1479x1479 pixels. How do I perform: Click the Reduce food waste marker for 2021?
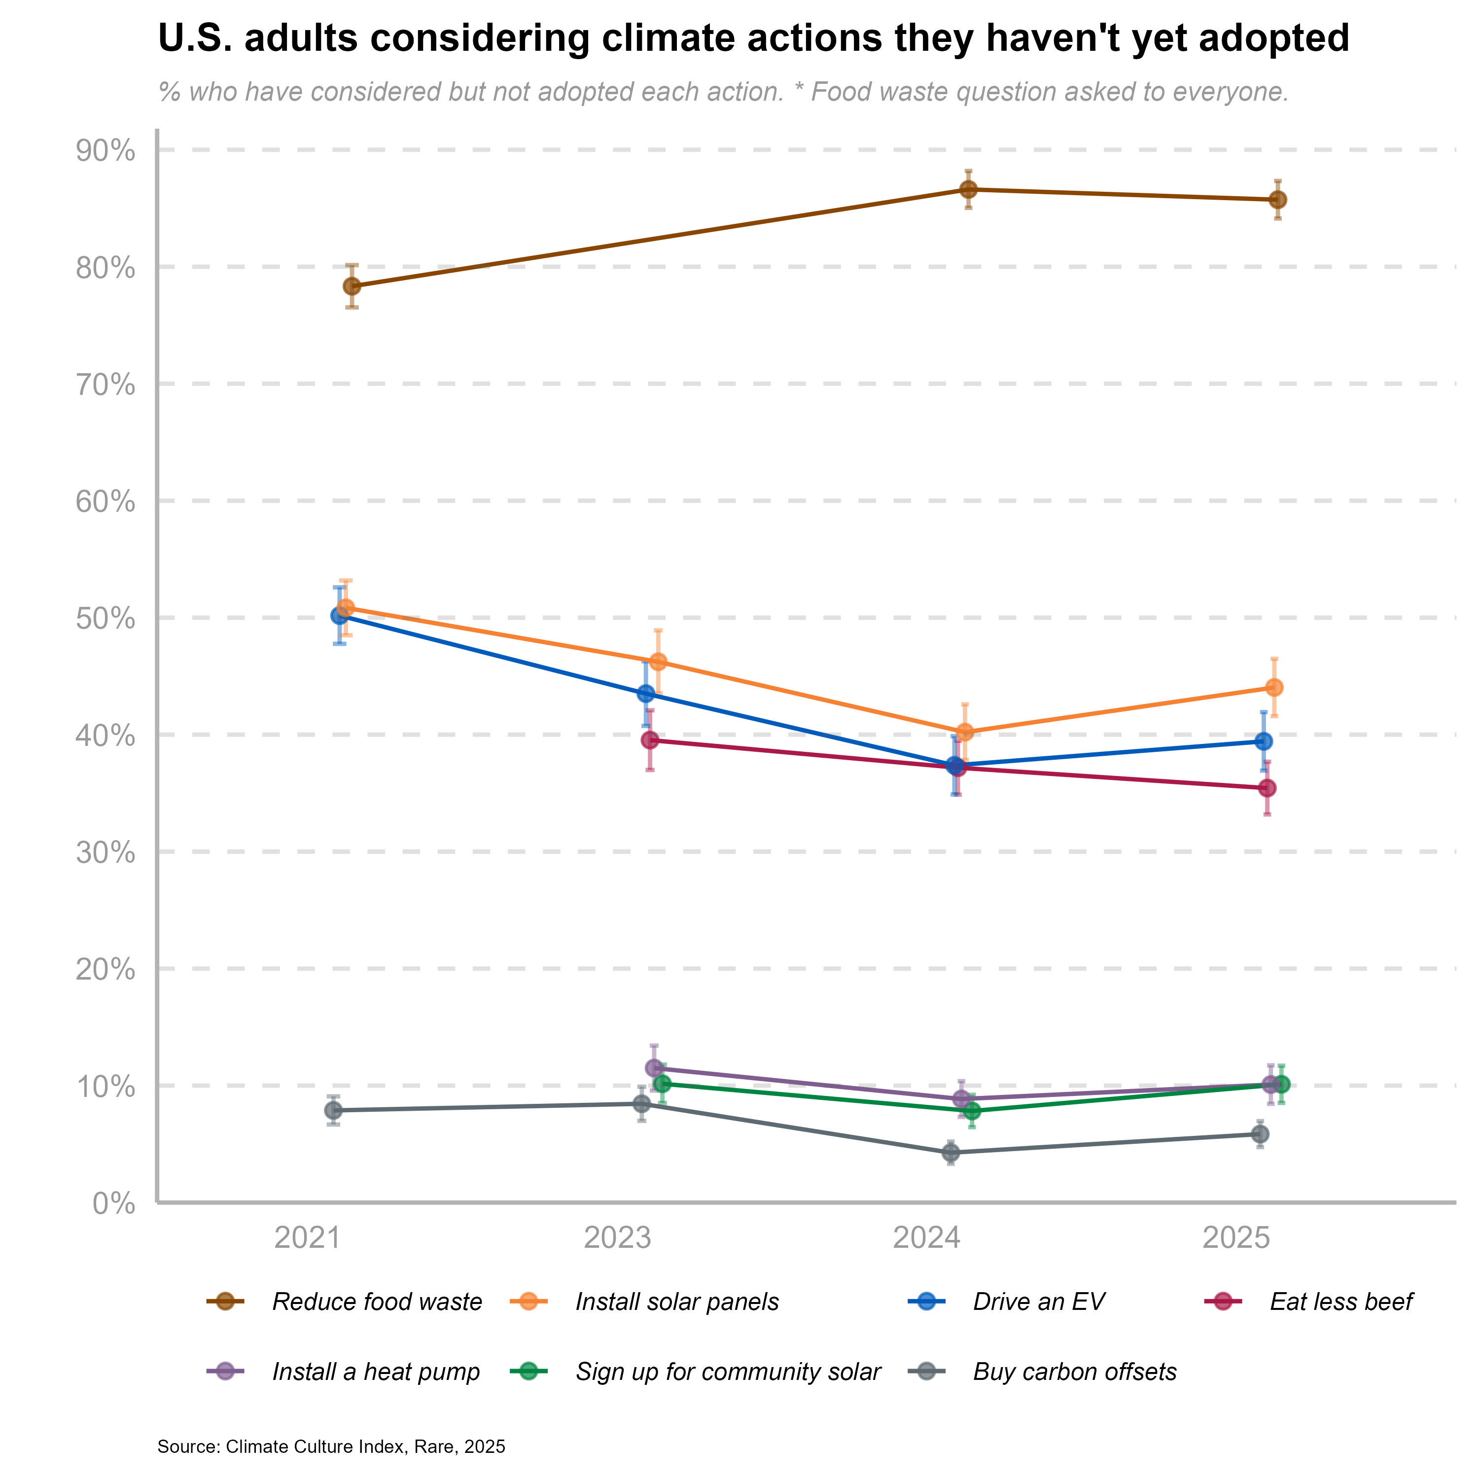pos(352,286)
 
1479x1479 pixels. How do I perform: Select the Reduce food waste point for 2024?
pos(968,189)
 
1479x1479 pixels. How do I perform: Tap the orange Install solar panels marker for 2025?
pos(1274,687)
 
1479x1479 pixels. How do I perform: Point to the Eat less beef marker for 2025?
pos(1268,788)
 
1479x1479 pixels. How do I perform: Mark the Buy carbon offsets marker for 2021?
pos(333,1110)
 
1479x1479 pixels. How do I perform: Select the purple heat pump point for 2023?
pos(654,1068)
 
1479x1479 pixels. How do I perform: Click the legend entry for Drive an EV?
pos(1038,1302)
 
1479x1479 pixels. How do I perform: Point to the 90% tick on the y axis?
pos(105,151)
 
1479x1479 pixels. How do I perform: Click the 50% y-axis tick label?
pos(105,619)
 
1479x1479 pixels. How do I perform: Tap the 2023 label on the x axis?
pos(617,1238)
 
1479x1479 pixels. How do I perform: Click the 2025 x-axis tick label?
pos(1237,1238)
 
